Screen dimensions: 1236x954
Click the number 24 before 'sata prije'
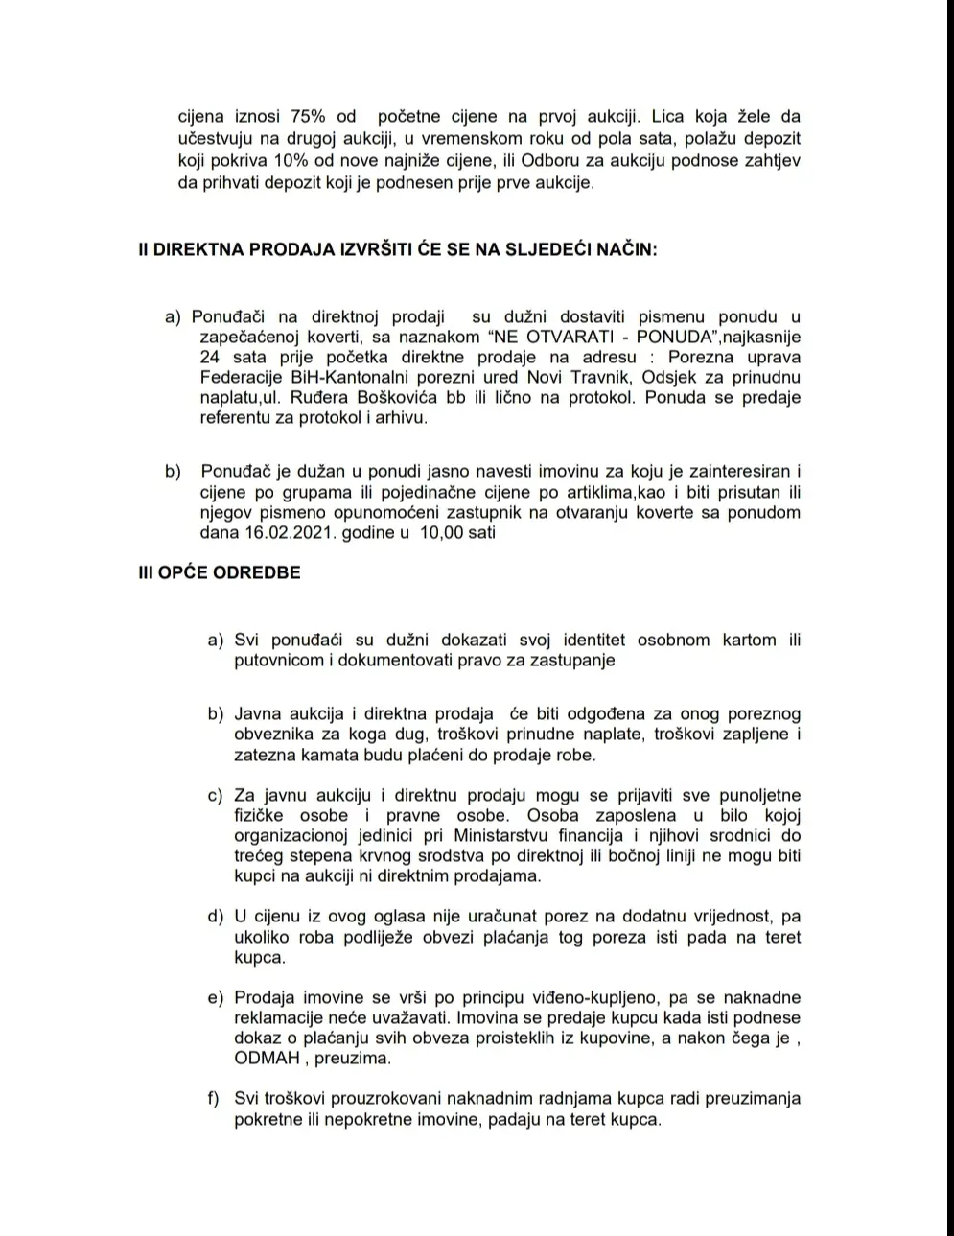pyautogui.click(x=210, y=357)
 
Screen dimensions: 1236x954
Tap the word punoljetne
pyautogui.click(x=756, y=795)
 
